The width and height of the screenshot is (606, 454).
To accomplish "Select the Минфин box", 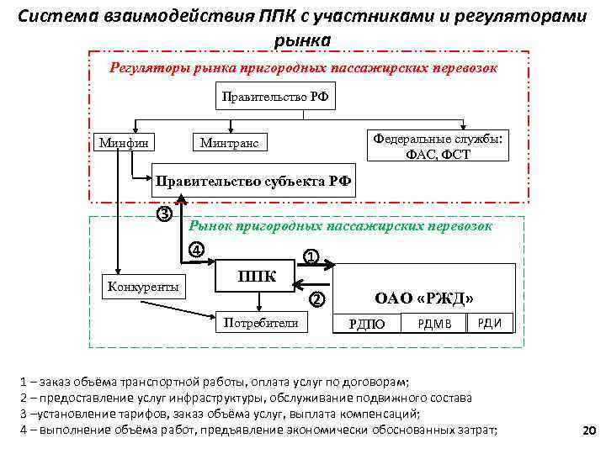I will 125,143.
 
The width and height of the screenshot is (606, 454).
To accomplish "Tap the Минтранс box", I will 230,144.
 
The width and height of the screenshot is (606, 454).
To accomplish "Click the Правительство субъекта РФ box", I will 252,180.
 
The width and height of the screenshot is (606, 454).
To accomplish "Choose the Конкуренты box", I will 143,287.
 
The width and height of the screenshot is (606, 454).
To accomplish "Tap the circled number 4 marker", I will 195,250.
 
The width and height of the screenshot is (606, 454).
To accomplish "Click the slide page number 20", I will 587,431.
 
